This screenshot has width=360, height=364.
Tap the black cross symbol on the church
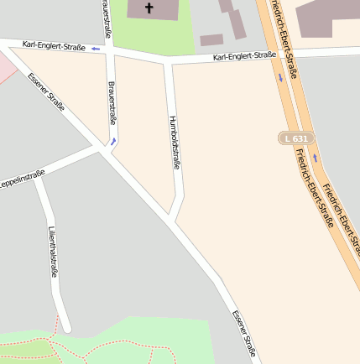(150, 8)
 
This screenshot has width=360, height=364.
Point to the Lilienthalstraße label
(53, 252)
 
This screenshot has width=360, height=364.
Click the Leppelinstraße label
(23, 170)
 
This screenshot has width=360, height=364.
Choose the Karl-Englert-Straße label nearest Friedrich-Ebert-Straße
(244, 56)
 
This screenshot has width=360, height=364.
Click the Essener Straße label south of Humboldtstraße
(244, 334)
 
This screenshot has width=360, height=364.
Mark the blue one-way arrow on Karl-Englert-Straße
(95, 49)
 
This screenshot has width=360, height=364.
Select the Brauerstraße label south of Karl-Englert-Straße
(112, 101)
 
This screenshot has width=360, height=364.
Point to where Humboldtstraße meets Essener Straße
(171, 220)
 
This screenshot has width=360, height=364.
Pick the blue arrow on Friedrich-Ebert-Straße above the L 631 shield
(280, 78)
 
